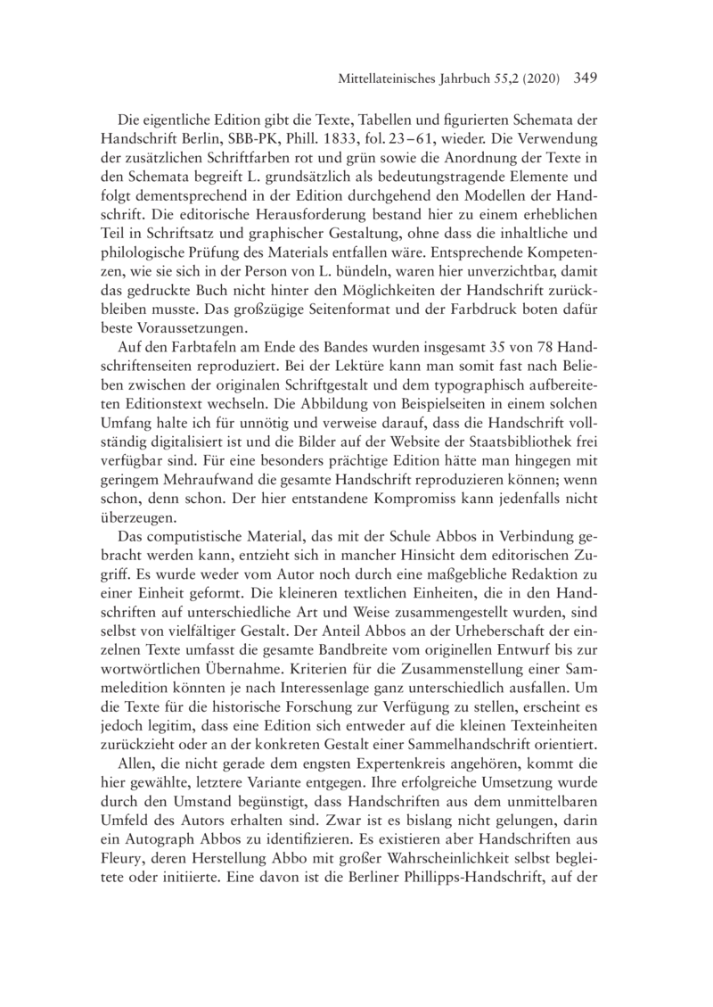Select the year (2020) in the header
[x=536, y=79]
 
